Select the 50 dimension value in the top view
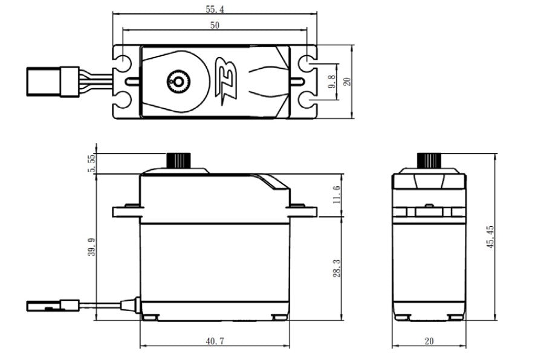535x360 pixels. tap(215, 25)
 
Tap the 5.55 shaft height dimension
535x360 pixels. tap(91, 163)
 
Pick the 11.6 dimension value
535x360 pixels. tap(336, 195)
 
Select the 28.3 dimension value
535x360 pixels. tap(336, 269)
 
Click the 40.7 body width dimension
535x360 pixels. tap(215, 341)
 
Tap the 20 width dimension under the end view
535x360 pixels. tap(429, 341)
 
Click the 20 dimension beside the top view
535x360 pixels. tap(347, 81)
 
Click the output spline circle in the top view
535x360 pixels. tap(178, 81)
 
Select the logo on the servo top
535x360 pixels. tap(227, 81)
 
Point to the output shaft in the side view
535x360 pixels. tap(178, 161)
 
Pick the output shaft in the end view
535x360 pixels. tap(429, 161)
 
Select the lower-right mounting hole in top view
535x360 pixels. tap(307, 100)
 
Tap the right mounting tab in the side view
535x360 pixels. tap(302, 211)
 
